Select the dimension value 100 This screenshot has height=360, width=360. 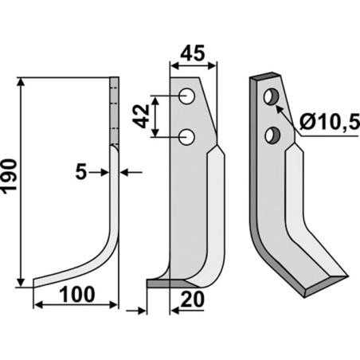(77, 293)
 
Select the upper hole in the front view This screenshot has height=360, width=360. (188, 97)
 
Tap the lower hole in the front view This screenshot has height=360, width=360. (188, 137)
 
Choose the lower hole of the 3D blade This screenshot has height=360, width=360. (274, 134)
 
